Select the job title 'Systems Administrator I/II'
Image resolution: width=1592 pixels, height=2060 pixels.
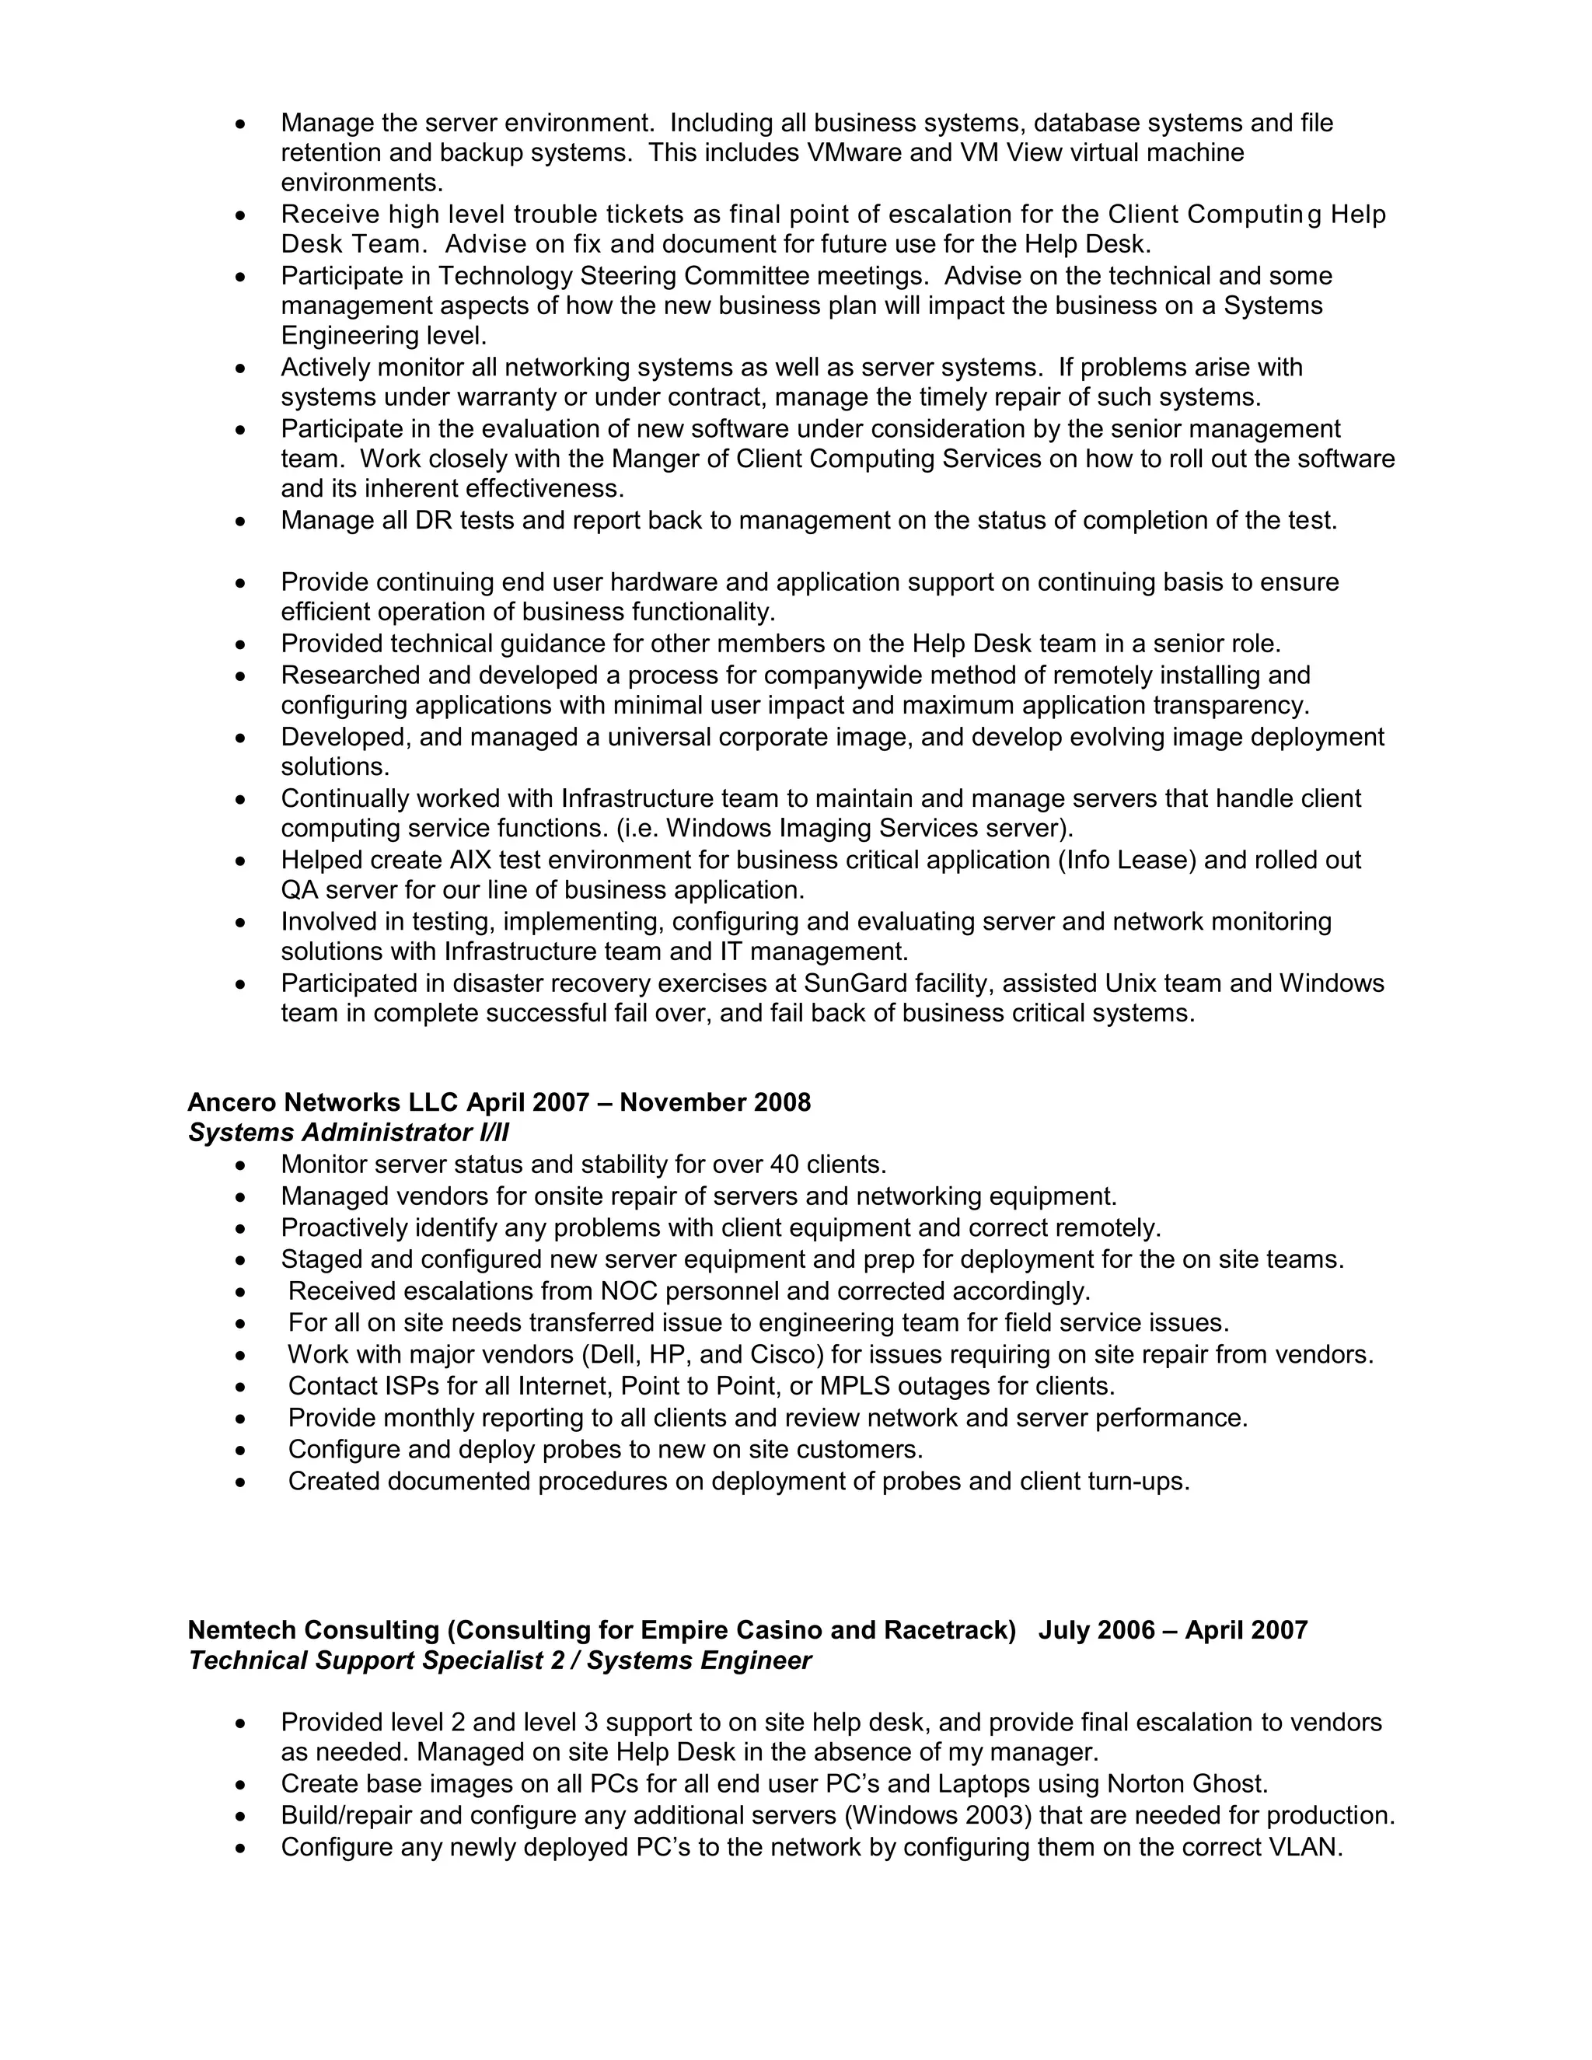pyautogui.click(x=348, y=1133)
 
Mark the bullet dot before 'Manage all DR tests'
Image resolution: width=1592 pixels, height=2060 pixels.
pyautogui.click(x=242, y=522)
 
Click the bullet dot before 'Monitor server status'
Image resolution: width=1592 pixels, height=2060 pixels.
pyautogui.click(x=242, y=1166)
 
